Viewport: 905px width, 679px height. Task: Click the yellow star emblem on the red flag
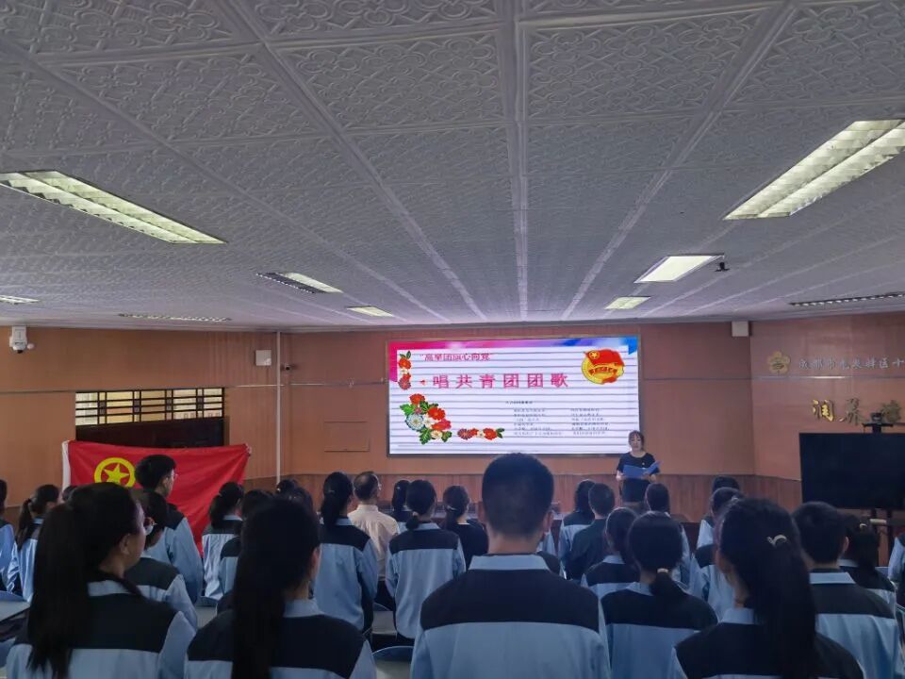pyautogui.click(x=115, y=471)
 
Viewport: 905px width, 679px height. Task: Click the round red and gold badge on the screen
pyautogui.click(x=602, y=366)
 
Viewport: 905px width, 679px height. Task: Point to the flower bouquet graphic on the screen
pyautogui.click(x=423, y=419)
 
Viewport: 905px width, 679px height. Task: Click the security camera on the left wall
pyautogui.click(x=19, y=339)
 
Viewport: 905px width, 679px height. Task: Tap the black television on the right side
pyautogui.click(x=850, y=470)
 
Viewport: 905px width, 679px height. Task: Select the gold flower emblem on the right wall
pyautogui.click(x=778, y=362)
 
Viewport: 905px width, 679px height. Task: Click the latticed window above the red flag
pyautogui.click(x=149, y=406)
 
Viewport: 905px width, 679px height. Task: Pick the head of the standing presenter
pyautogui.click(x=636, y=440)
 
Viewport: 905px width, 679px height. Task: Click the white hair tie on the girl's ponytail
pyautogui.click(x=777, y=540)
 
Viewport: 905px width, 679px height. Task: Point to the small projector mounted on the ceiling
pyautogui.click(x=721, y=267)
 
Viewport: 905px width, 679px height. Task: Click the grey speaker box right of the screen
pyautogui.click(x=740, y=328)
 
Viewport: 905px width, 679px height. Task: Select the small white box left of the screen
pyautogui.click(x=263, y=357)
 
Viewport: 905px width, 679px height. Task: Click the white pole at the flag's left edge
pyautogui.click(x=66, y=464)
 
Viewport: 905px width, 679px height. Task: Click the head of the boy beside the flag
pyautogui.click(x=156, y=472)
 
